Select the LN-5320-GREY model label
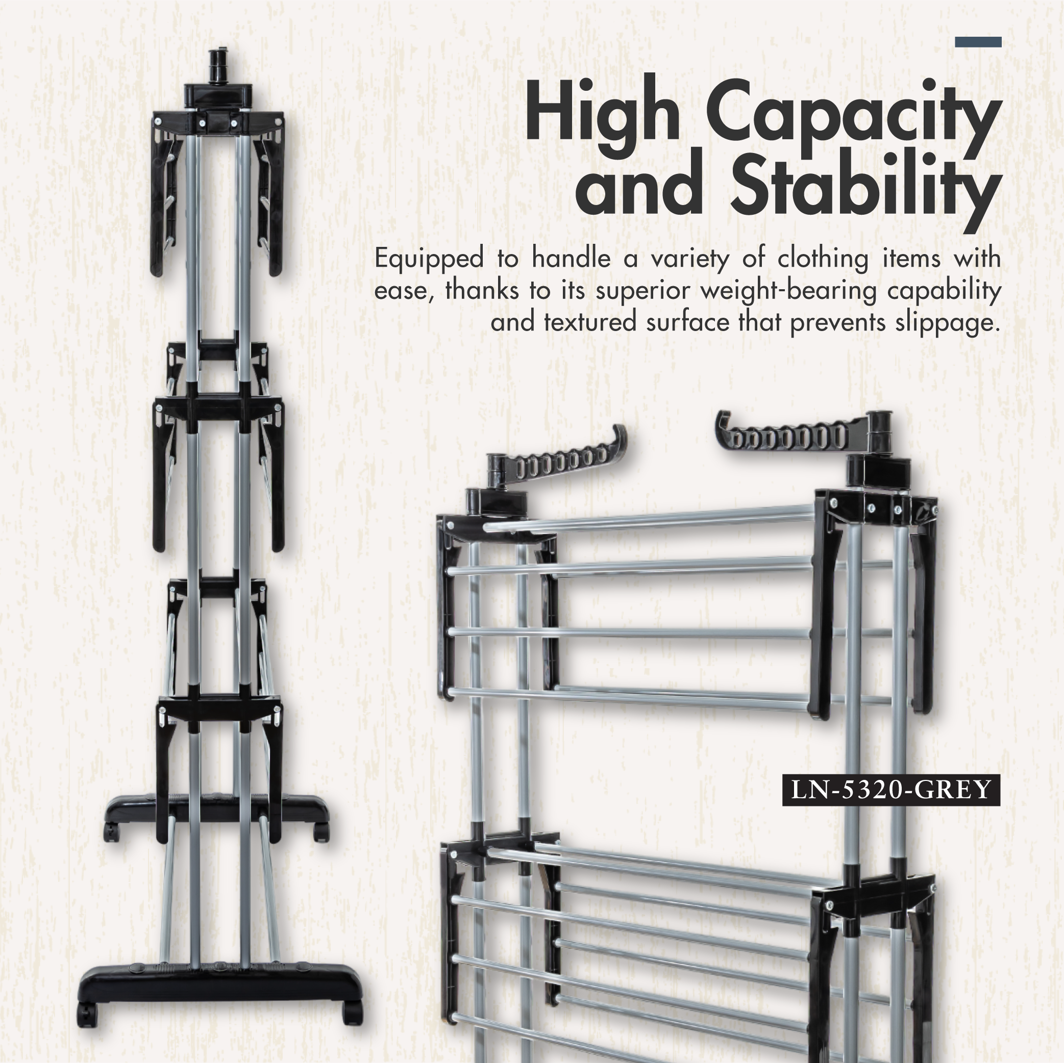[890, 791]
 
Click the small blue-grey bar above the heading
[978, 42]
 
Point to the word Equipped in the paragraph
[429, 259]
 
